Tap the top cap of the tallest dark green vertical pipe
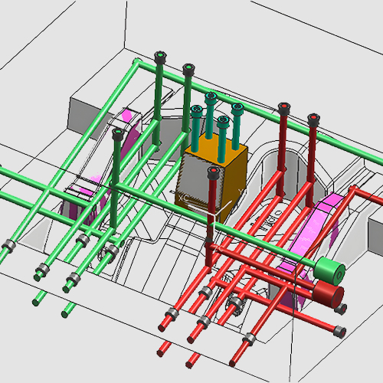(x=160, y=57)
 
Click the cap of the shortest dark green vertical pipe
(x=117, y=133)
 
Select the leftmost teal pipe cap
(x=196, y=111)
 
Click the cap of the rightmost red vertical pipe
(x=313, y=119)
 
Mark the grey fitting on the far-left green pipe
(x=9, y=247)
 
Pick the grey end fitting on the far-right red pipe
(x=338, y=330)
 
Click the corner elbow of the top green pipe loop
(x=136, y=61)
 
